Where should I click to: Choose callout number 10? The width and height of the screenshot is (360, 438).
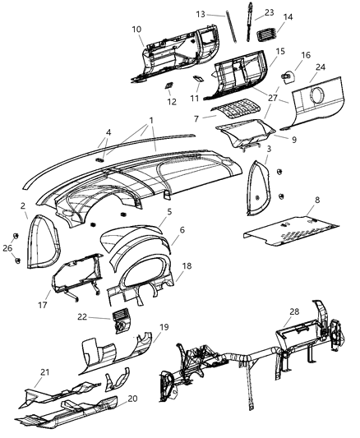(136, 30)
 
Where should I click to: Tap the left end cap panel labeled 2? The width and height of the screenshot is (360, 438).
(42, 242)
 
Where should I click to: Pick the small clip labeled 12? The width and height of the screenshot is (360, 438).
(168, 86)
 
